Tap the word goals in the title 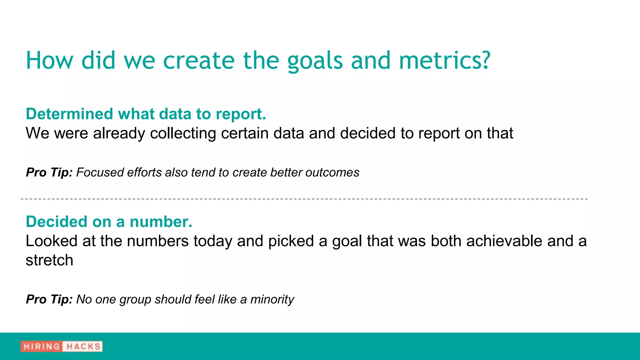click(315, 61)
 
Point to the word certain click(247, 133)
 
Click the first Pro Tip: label click(49, 172)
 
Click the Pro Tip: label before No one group click(49, 299)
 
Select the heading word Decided click(56, 222)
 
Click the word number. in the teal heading click(161, 222)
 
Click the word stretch click(49, 260)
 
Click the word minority click(272, 299)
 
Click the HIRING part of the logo click(41, 347)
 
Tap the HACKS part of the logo click(83, 347)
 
